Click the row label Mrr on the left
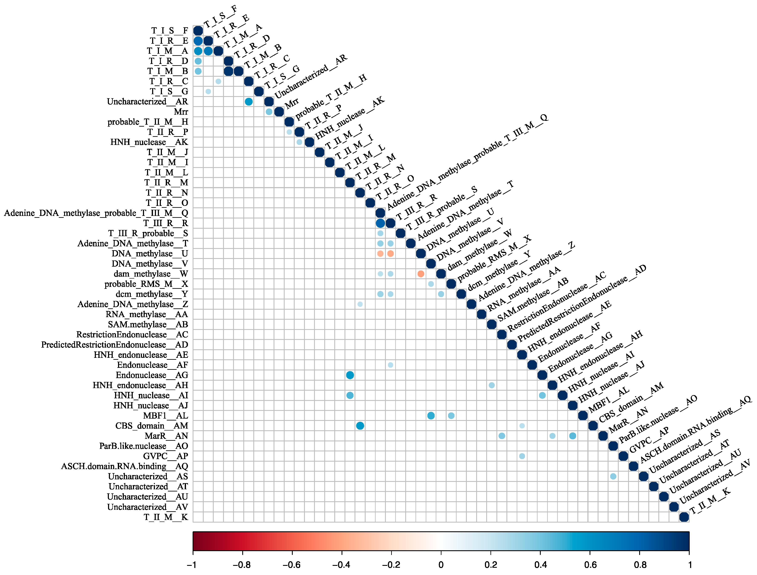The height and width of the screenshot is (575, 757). tap(181, 112)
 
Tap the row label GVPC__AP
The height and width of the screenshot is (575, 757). tap(165, 456)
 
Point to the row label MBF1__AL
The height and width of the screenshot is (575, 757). tap(165, 416)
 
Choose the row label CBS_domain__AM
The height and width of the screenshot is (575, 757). tap(152, 426)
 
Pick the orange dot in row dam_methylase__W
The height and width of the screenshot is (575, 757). tap(421, 274)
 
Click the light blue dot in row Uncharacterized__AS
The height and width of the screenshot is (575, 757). tap(613, 476)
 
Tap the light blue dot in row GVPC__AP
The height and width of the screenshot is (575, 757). tap(522, 456)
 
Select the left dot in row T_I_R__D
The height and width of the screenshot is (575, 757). tap(198, 61)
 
